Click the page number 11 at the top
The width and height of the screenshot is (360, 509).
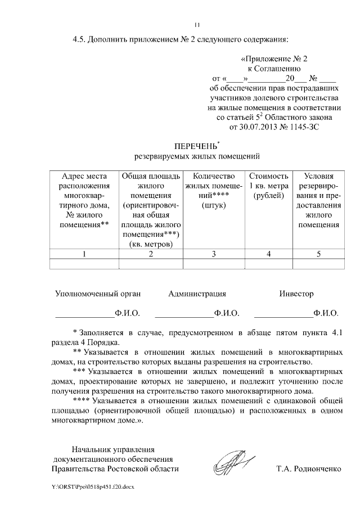pyautogui.click(x=197, y=24)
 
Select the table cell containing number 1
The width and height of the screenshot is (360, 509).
pyautogui.click(x=84, y=254)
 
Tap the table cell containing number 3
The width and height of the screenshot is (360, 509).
pyautogui.click(x=213, y=254)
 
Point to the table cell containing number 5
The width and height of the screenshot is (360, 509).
pyautogui.click(x=318, y=254)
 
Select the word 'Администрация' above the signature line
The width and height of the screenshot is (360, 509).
pyautogui.click(x=197, y=294)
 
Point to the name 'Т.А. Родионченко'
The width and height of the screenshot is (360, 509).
pyautogui.click(x=309, y=469)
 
